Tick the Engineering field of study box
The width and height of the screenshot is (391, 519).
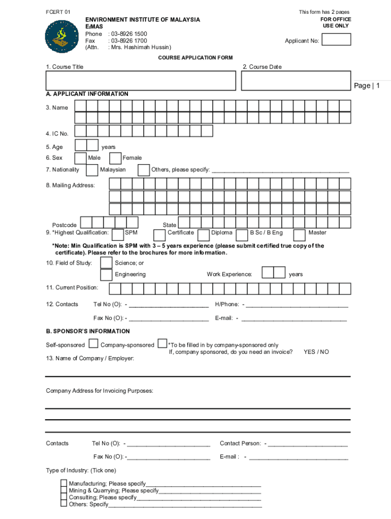[x=106, y=274]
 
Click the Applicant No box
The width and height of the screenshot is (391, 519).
[x=336, y=39]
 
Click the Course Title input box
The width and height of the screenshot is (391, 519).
[x=141, y=81]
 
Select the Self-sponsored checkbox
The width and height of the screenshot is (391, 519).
[x=93, y=344]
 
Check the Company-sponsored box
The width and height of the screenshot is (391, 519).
[x=162, y=344]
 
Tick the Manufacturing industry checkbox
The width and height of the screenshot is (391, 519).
[x=63, y=484]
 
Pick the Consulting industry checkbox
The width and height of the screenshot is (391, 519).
[x=63, y=498]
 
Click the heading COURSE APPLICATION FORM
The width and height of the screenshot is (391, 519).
[x=195, y=58]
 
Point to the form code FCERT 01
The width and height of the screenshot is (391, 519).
[x=57, y=12]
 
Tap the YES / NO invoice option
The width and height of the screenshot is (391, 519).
[x=316, y=352]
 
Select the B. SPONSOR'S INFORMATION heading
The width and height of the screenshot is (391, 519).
[x=88, y=331]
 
